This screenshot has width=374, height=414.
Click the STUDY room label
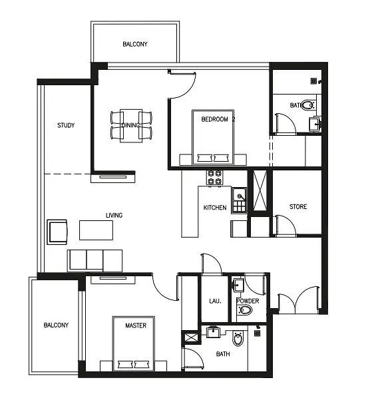pyautogui.click(x=66, y=125)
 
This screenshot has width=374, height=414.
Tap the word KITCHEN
pyautogui.click(x=215, y=208)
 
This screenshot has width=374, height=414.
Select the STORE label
pyautogui.click(x=298, y=206)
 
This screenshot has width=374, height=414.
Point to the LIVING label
pyautogui.click(x=114, y=215)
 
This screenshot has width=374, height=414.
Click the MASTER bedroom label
pyautogui.click(x=136, y=325)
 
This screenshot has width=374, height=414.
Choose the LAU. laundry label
pyautogui.click(x=215, y=301)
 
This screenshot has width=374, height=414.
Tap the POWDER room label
pyautogui.click(x=248, y=301)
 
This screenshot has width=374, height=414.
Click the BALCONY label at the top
pyautogui.click(x=135, y=44)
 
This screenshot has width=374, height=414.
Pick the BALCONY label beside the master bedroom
pyautogui.click(x=56, y=325)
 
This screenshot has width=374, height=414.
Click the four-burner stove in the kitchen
pyautogui.click(x=214, y=178)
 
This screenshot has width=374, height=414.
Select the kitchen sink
pyautogui.click(x=239, y=200)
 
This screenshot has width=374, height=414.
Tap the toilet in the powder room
pyautogui.click(x=245, y=310)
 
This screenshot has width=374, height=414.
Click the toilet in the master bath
pyautogui.click(x=238, y=339)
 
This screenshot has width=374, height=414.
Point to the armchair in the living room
pyautogui.click(x=57, y=232)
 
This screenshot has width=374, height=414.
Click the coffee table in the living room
pyautogui.click(x=96, y=230)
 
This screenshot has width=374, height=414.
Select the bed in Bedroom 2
pyautogui.click(x=213, y=137)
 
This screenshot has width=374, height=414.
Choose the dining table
pyautogui.click(x=131, y=126)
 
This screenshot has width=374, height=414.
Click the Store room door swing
pyautogui.click(x=285, y=225)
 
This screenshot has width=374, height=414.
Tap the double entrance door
pyautogui.click(x=298, y=300)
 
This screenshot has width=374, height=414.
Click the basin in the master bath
pyautogui.click(x=212, y=332)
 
